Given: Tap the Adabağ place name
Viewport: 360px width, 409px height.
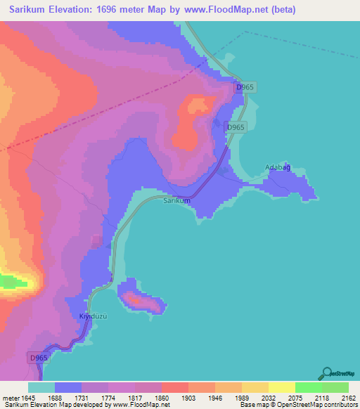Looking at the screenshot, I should tap(277, 167).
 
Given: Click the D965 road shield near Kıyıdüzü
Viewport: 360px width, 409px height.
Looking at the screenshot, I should tap(39, 358).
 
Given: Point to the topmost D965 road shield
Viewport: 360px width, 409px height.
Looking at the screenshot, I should tap(245, 87).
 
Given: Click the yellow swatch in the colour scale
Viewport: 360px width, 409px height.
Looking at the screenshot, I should tap(281, 387).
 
